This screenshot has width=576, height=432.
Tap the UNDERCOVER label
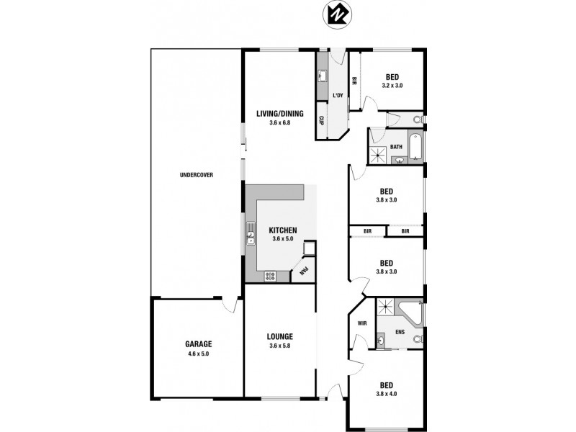[x=197, y=175]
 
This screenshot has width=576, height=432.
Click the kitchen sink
[x=251, y=233]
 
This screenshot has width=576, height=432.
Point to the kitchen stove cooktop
[x=271, y=275]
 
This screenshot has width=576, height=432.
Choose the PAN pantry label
[x=305, y=271]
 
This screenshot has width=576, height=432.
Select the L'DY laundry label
[x=338, y=96]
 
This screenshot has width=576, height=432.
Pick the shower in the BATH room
[x=377, y=153]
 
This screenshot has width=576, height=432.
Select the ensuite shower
[x=386, y=308]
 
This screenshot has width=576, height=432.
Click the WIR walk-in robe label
[x=362, y=323]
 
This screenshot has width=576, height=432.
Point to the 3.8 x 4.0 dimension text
[x=386, y=393]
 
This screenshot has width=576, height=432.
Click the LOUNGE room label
[x=279, y=336]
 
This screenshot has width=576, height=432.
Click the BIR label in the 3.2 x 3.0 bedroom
[x=354, y=84]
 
